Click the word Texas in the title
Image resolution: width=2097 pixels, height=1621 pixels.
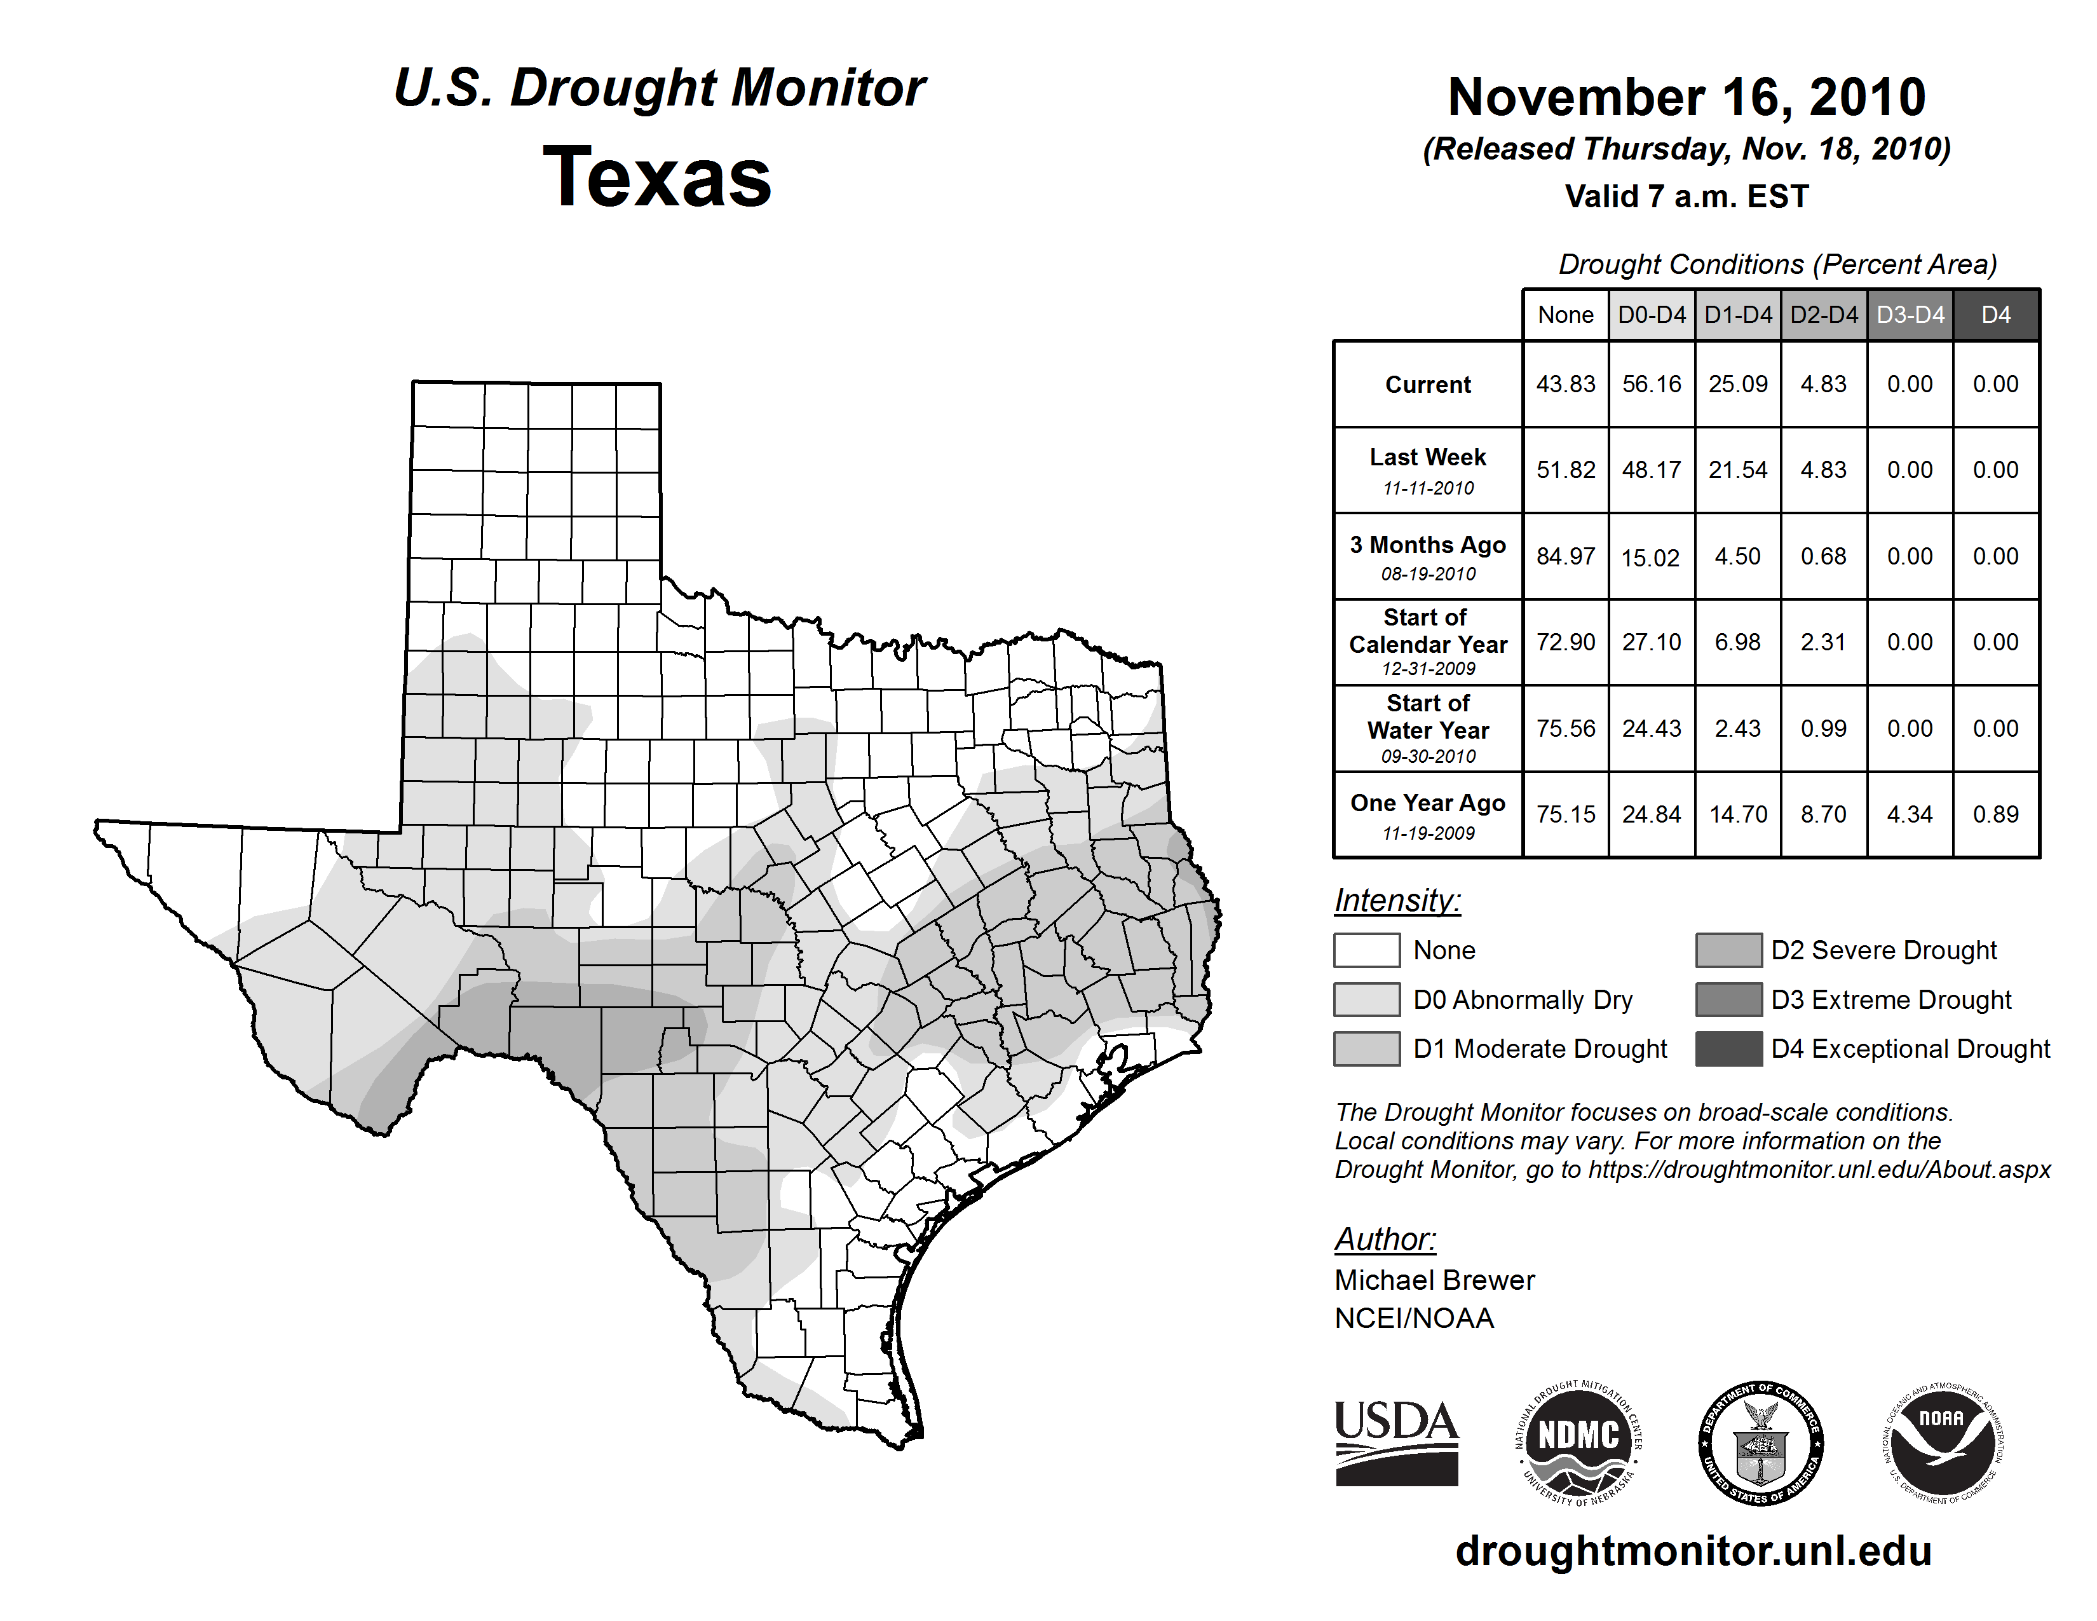657,177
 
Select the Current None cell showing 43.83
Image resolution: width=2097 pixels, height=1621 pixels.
1565,384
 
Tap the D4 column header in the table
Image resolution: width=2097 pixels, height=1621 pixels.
1995,315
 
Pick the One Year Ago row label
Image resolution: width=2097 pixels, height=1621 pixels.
1428,804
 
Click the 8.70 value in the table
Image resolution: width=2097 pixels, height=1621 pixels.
1823,814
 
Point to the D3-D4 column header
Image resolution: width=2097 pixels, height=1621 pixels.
1910,315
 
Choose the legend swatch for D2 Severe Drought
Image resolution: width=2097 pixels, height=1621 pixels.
1728,950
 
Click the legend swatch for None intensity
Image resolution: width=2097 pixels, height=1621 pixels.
1366,950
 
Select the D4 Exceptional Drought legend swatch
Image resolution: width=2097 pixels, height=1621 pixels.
1728,1049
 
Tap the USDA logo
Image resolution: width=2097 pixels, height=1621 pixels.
1396,1442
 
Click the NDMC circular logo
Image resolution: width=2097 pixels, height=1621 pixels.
1578,1442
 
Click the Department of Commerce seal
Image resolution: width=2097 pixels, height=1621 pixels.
1760,1442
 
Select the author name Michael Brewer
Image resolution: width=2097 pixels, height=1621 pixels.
1434,1280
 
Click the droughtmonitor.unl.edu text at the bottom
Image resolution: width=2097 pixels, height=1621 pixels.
1693,1551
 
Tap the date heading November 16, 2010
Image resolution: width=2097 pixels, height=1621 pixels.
1686,97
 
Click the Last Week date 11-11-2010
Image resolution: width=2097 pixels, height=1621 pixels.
1428,488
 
